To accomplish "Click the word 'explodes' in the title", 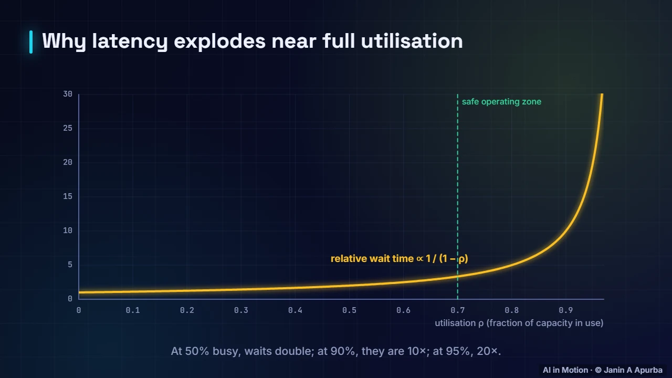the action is point(219,41).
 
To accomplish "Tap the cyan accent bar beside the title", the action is point(31,42).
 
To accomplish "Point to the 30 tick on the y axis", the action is point(68,94).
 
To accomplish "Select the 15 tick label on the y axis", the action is point(68,196).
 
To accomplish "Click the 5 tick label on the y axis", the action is point(70,265).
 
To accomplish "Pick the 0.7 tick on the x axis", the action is point(457,310).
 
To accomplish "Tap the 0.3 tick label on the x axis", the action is point(241,310).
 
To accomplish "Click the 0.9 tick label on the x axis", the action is point(566,310).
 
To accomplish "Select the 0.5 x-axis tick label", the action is point(349,310).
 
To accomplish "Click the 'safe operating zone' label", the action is point(501,102).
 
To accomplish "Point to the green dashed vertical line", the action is point(457,196).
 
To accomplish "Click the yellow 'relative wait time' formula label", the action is point(400,259).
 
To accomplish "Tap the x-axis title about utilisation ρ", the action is point(519,323).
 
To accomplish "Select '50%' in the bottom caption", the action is point(197,351).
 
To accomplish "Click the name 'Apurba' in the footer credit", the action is point(648,370).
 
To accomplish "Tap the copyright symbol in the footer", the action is point(598,370).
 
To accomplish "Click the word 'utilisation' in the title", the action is point(412,41).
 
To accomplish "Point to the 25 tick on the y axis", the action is point(68,129).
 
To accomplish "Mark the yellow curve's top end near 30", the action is point(602,94).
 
